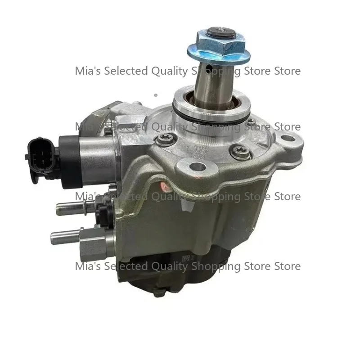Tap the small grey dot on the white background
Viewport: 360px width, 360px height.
coord(155,95)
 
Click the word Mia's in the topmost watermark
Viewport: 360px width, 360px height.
coord(87,71)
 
